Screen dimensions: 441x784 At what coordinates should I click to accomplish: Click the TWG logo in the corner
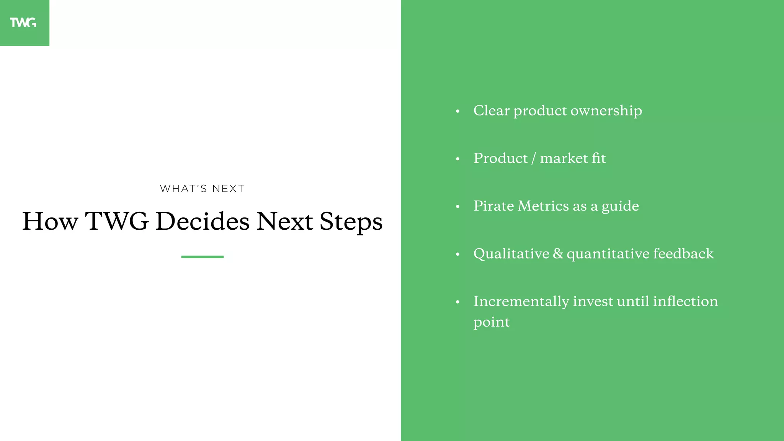coord(23,23)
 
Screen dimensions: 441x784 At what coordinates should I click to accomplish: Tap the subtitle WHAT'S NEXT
coord(202,189)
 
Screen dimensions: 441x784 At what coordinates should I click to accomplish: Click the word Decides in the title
coord(203,221)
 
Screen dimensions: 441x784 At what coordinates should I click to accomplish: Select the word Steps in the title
coord(351,222)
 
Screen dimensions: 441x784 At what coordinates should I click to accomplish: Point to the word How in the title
coord(50,221)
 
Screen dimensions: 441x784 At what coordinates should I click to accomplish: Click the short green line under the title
coord(202,256)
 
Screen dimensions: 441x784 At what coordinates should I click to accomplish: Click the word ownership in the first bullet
coord(606,111)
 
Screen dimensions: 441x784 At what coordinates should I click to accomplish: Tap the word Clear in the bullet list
coord(492,111)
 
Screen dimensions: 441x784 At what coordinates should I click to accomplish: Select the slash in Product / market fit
coord(534,158)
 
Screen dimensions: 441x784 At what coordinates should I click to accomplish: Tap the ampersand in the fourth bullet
coord(558,254)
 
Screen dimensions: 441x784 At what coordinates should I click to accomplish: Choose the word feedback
coord(683,253)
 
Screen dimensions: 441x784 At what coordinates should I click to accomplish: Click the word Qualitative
coord(511,254)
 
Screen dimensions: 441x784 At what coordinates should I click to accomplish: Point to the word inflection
coord(685,301)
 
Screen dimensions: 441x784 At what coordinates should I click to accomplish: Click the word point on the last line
coord(492,322)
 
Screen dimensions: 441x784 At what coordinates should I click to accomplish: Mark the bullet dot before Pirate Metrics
coord(457,207)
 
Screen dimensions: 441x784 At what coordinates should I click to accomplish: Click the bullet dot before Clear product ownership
coord(457,111)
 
